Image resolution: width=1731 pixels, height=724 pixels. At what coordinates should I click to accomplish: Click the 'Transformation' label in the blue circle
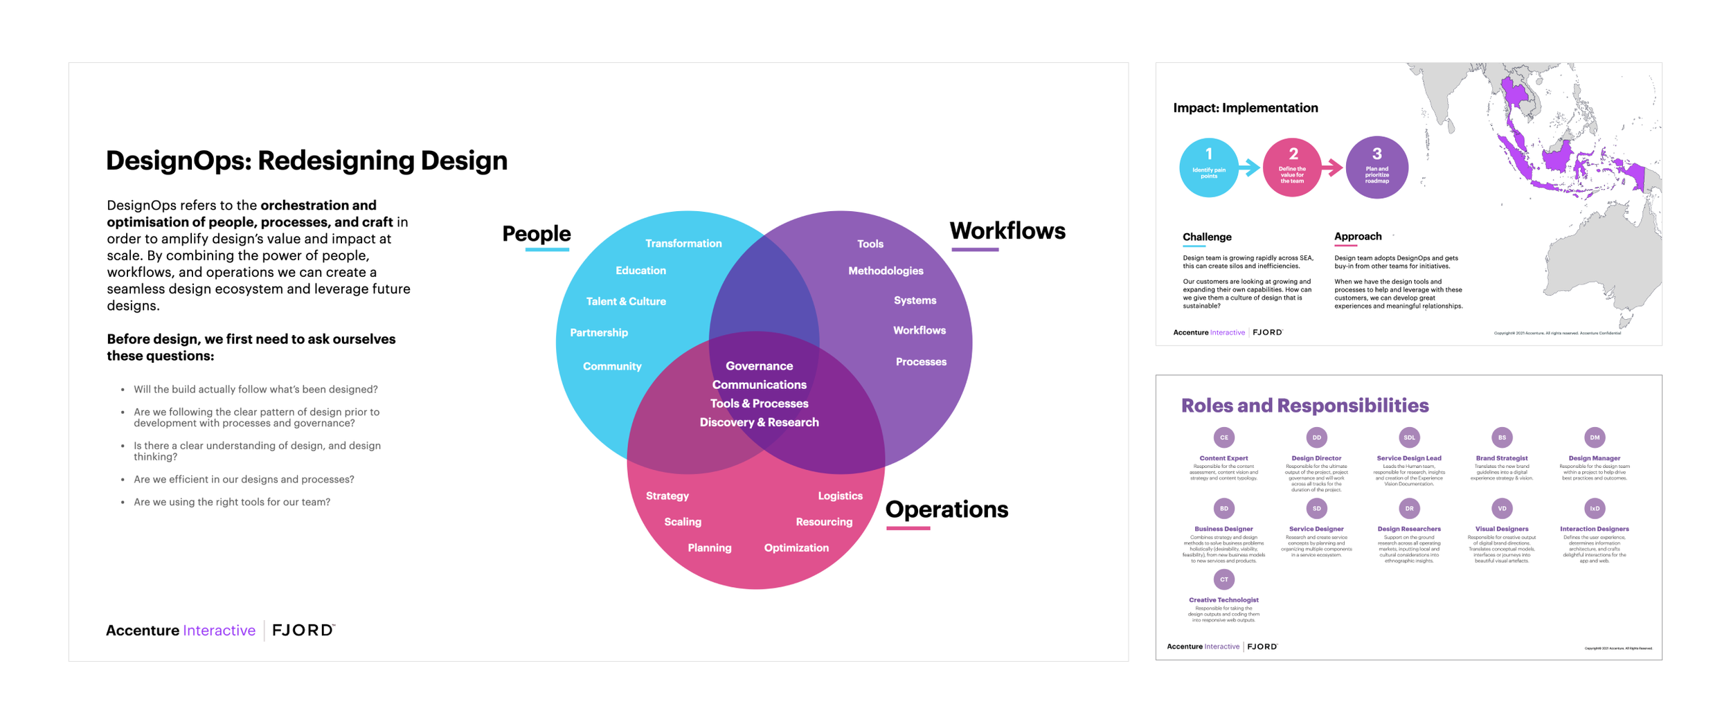pyautogui.click(x=683, y=244)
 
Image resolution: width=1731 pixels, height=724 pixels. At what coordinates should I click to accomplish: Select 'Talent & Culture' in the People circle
pyautogui.click(x=626, y=302)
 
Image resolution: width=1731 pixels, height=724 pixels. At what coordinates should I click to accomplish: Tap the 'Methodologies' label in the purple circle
pyautogui.click(x=885, y=271)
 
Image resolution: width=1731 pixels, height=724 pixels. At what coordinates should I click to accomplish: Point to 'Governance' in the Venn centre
pyautogui.click(x=759, y=366)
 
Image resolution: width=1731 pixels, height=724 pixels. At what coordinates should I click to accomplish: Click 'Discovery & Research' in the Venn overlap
pyautogui.click(x=759, y=422)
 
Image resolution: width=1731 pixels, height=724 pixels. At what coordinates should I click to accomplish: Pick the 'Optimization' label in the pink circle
pyautogui.click(x=796, y=548)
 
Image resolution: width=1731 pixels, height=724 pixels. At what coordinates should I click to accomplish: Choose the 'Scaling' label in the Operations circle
pyautogui.click(x=683, y=522)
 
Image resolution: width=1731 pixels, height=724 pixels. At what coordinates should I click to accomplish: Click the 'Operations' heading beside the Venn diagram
pyautogui.click(x=947, y=509)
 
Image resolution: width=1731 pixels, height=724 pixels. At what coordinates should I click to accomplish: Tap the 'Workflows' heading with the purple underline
pyautogui.click(x=1007, y=231)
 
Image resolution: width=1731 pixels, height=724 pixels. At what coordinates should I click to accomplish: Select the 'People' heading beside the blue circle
pyautogui.click(x=536, y=234)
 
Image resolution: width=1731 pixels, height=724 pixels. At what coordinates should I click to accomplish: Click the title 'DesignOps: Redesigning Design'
pyautogui.click(x=307, y=161)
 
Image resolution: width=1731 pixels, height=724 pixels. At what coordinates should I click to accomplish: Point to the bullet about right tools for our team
pyautogui.click(x=232, y=502)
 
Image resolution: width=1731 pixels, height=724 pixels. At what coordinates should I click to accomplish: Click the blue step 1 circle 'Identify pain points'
pyautogui.click(x=1209, y=168)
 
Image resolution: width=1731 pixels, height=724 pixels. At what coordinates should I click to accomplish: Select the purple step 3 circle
pyautogui.click(x=1376, y=168)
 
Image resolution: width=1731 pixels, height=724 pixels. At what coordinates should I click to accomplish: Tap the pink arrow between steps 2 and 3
pyautogui.click(x=1332, y=168)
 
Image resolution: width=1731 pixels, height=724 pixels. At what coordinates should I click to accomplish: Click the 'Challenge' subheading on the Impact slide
pyautogui.click(x=1207, y=237)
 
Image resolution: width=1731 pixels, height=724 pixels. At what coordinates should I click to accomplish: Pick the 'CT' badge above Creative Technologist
pyautogui.click(x=1223, y=579)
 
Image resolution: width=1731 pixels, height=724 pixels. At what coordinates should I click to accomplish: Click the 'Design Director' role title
pyautogui.click(x=1316, y=458)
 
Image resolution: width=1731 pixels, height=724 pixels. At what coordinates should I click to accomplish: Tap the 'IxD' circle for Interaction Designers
pyautogui.click(x=1594, y=509)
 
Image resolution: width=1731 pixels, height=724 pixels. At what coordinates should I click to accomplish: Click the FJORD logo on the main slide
pyautogui.click(x=303, y=630)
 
